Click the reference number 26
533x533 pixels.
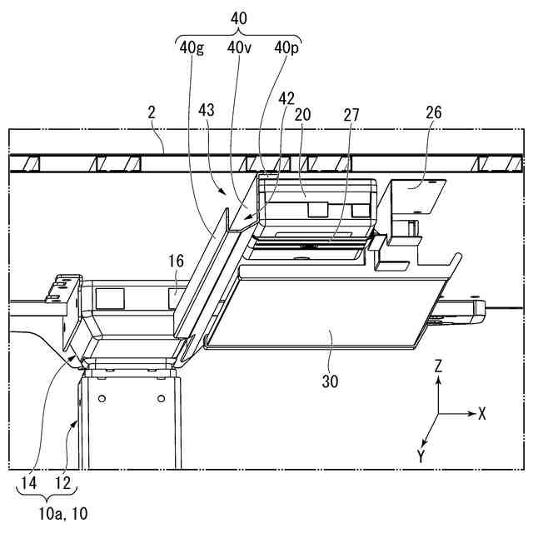[x=433, y=112]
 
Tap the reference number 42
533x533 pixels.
[x=286, y=97]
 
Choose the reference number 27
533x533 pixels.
[x=351, y=114]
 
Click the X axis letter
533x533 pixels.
[x=483, y=413]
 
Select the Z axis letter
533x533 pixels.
[x=439, y=366]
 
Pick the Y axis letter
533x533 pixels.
[x=421, y=456]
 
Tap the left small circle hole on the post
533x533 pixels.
[x=102, y=399]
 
